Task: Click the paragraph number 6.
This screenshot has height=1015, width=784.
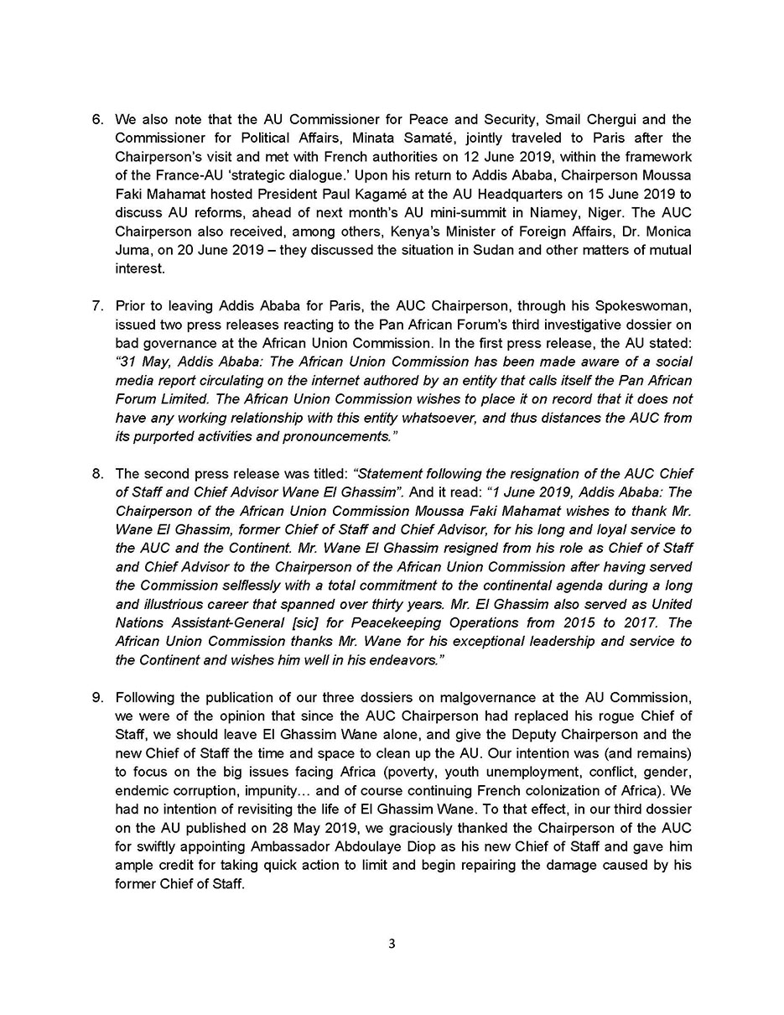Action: click(x=97, y=120)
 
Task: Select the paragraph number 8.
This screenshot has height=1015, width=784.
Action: click(x=97, y=474)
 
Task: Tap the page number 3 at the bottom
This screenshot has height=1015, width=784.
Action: click(x=392, y=944)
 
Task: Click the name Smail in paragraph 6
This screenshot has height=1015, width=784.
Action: click(x=564, y=120)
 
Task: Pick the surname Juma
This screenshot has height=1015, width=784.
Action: click(x=133, y=250)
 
